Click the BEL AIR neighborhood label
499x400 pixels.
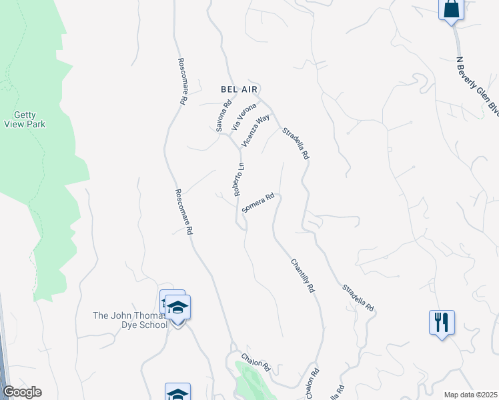pos(239,89)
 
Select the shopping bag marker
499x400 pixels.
pos(451,9)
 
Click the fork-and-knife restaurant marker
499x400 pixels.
pos(442,323)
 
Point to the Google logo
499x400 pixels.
pos(22,392)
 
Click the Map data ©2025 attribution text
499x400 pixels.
pos(470,395)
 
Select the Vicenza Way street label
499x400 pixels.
pos(256,129)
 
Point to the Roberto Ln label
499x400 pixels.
pos(239,179)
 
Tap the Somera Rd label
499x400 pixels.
pos(259,203)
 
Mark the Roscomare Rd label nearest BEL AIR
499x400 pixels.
pos(181,81)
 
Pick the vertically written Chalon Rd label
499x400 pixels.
pos(311,383)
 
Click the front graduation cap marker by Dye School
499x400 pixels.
pos(178,309)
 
